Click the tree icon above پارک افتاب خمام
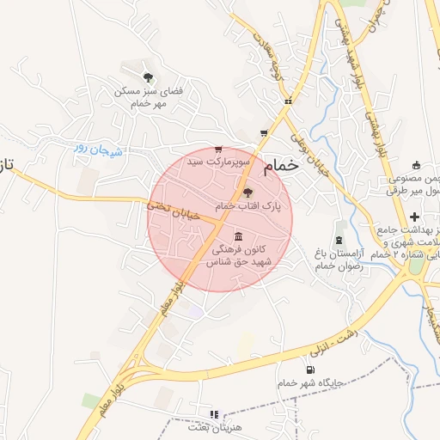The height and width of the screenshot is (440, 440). tap(248, 192)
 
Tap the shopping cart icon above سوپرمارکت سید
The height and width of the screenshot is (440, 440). tap(218, 149)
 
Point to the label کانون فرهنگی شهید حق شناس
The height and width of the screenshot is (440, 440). tap(238, 254)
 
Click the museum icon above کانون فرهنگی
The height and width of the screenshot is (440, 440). tap(237, 236)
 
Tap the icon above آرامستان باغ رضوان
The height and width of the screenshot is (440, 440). tap(341, 226)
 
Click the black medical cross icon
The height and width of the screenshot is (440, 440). tap(414, 216)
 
